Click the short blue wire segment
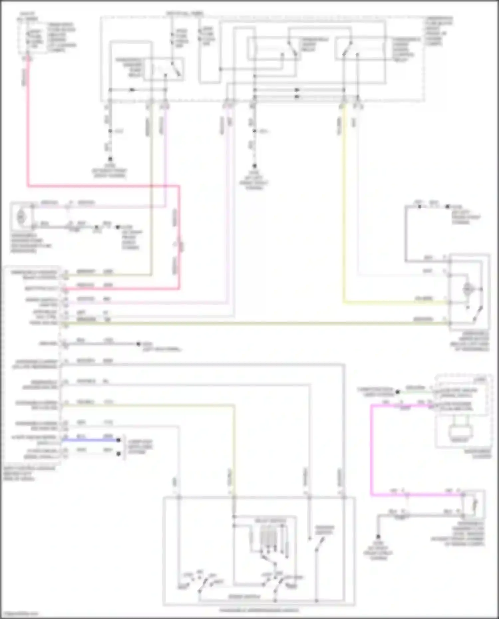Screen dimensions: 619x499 [x=90, y=440]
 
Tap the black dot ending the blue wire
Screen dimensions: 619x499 [x=118, y=440]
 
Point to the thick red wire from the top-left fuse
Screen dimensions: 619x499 [x=28, y=133]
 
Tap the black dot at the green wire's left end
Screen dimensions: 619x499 [x=398, y=392]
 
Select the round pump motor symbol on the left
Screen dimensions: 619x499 [x=21, y=217]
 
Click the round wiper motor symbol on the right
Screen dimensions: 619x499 [x=468, y=289]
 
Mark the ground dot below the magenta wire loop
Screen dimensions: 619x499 [x=378, y=537]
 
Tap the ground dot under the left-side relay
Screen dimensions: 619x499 [x=110, y=159]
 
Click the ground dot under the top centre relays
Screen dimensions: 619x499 [x=254, y=166]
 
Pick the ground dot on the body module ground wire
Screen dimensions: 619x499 [x=139, y=344]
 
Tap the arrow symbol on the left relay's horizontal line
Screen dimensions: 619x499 [x=132, y=90]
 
